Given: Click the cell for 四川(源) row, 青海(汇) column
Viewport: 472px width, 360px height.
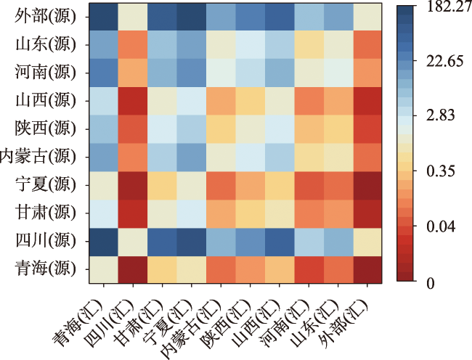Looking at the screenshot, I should click(102, 240).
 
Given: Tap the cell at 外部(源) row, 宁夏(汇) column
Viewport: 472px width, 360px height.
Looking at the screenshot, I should click(190, 18).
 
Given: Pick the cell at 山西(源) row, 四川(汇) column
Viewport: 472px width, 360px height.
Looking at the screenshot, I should click(131, 102).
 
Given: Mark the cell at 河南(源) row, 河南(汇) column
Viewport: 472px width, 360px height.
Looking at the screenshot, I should click(308, 73).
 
